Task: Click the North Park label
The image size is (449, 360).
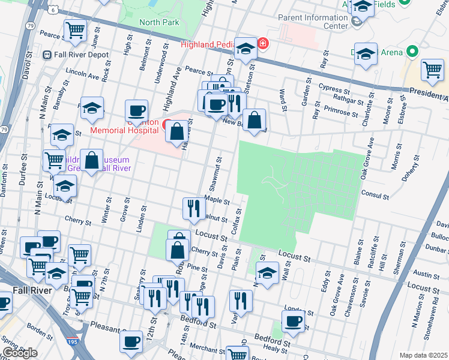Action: tap(159, 22)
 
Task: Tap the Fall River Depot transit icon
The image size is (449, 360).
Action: tap(47, 55)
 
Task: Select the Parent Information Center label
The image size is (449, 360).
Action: tap(313, 22)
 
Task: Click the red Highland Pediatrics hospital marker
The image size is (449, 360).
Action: tap(262, 44)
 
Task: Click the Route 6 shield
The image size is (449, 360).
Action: tap(53, 10)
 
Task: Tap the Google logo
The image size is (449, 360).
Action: tap(20, 353)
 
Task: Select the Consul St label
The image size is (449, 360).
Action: tap(376, 195)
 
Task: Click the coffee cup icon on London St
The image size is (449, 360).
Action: tap(293, 320)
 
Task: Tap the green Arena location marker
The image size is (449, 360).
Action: tap(412, 52)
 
